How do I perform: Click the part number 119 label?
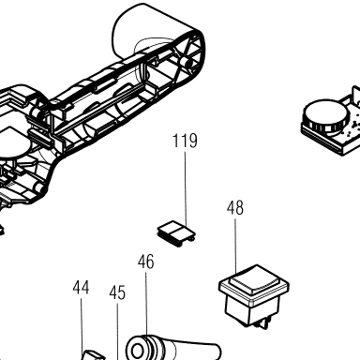pos(185,141)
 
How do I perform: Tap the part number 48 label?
pos(235,208)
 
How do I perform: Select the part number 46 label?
pos(146,262)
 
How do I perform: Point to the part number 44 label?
pos(81,288)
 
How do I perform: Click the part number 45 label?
pos(117,292)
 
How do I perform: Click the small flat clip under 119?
pos(175,233)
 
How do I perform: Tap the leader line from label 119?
pos(186,189)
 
